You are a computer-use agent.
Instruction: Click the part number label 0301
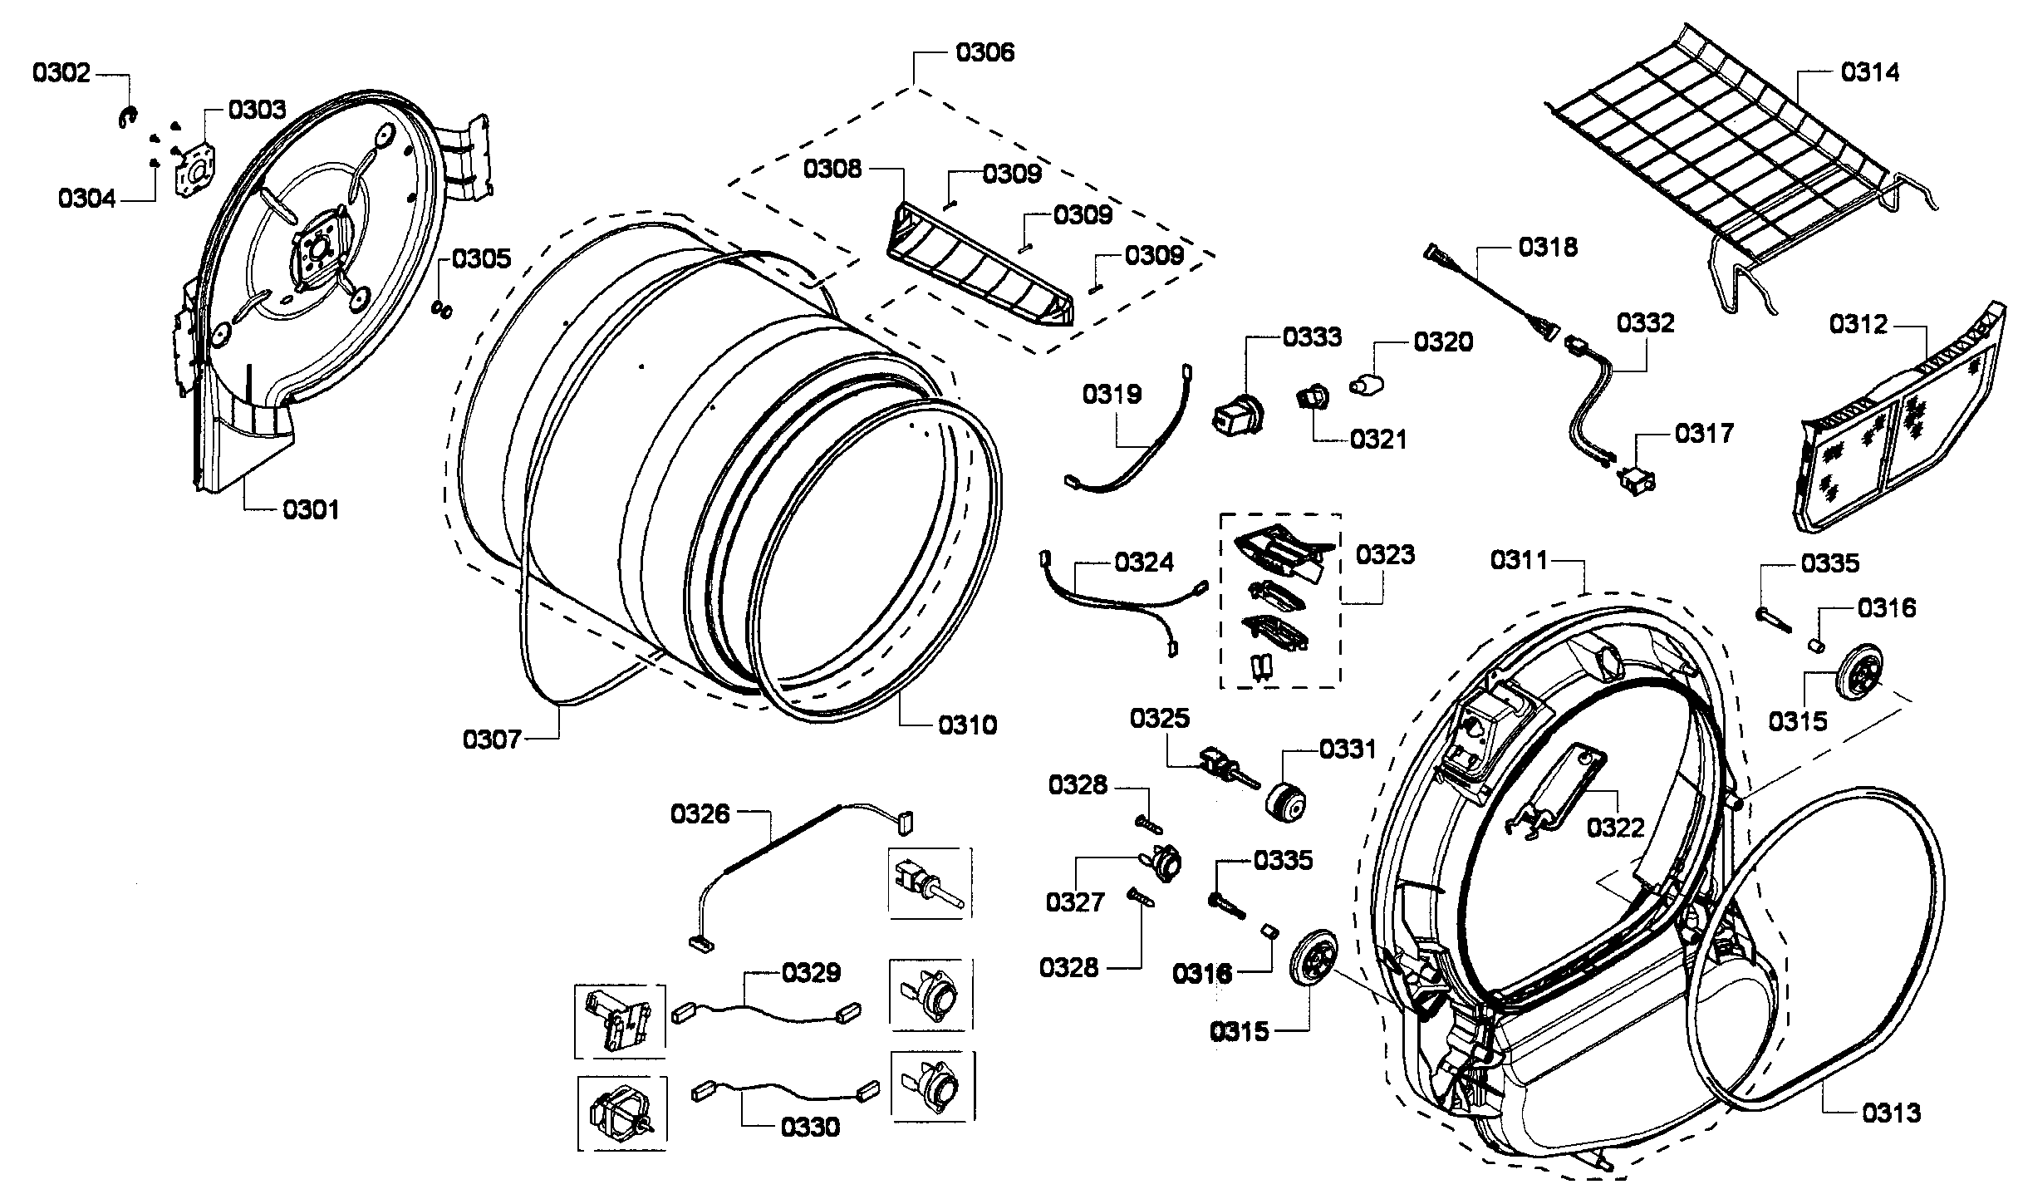(x=311, y=509)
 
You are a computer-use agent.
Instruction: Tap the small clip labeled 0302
(x=125, y=118)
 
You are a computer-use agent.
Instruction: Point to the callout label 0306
(x=984, y=52)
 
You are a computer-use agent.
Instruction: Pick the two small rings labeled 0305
(x=443, y=310)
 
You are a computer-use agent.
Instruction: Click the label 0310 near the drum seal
(x=967, y=725)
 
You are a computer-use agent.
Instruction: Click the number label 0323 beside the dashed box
(x=1385, y=554)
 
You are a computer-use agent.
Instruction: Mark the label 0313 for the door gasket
(x=1891, y=1112)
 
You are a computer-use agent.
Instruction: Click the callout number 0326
(x=700, y=813)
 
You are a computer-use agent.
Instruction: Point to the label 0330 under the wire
(x=810, y=1127)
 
